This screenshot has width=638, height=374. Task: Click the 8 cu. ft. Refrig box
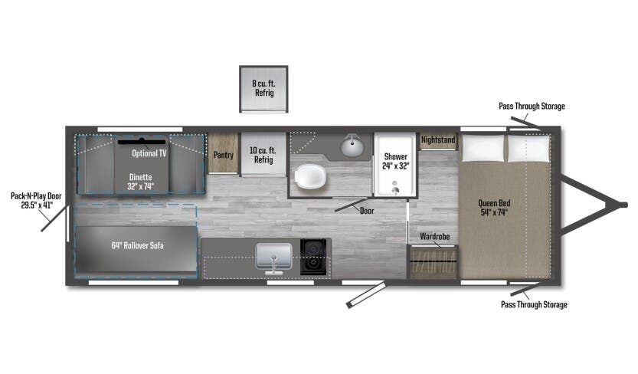[x=263, y=88]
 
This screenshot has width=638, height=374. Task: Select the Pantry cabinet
[x=224, y=155]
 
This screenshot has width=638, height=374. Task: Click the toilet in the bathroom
[x=312, y=177]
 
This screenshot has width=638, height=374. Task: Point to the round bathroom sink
[x=352, y=145]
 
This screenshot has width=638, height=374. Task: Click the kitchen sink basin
[x=273, y=254]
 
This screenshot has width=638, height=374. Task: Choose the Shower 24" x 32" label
[x=396, y=161]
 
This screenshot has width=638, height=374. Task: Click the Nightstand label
[x=438, y=141]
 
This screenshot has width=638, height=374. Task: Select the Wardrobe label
[x=434, y=237]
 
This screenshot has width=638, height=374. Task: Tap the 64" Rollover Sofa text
[x=137, y=246]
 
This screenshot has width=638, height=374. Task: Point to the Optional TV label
[x=152, y=153]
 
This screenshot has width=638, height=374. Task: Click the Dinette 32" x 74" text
[x=140, y=180]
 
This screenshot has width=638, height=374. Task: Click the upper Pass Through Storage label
[x=532, y=106]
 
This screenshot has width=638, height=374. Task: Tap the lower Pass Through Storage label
[x=534, y=305]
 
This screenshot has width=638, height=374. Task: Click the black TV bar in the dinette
[x=142, y=141]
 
